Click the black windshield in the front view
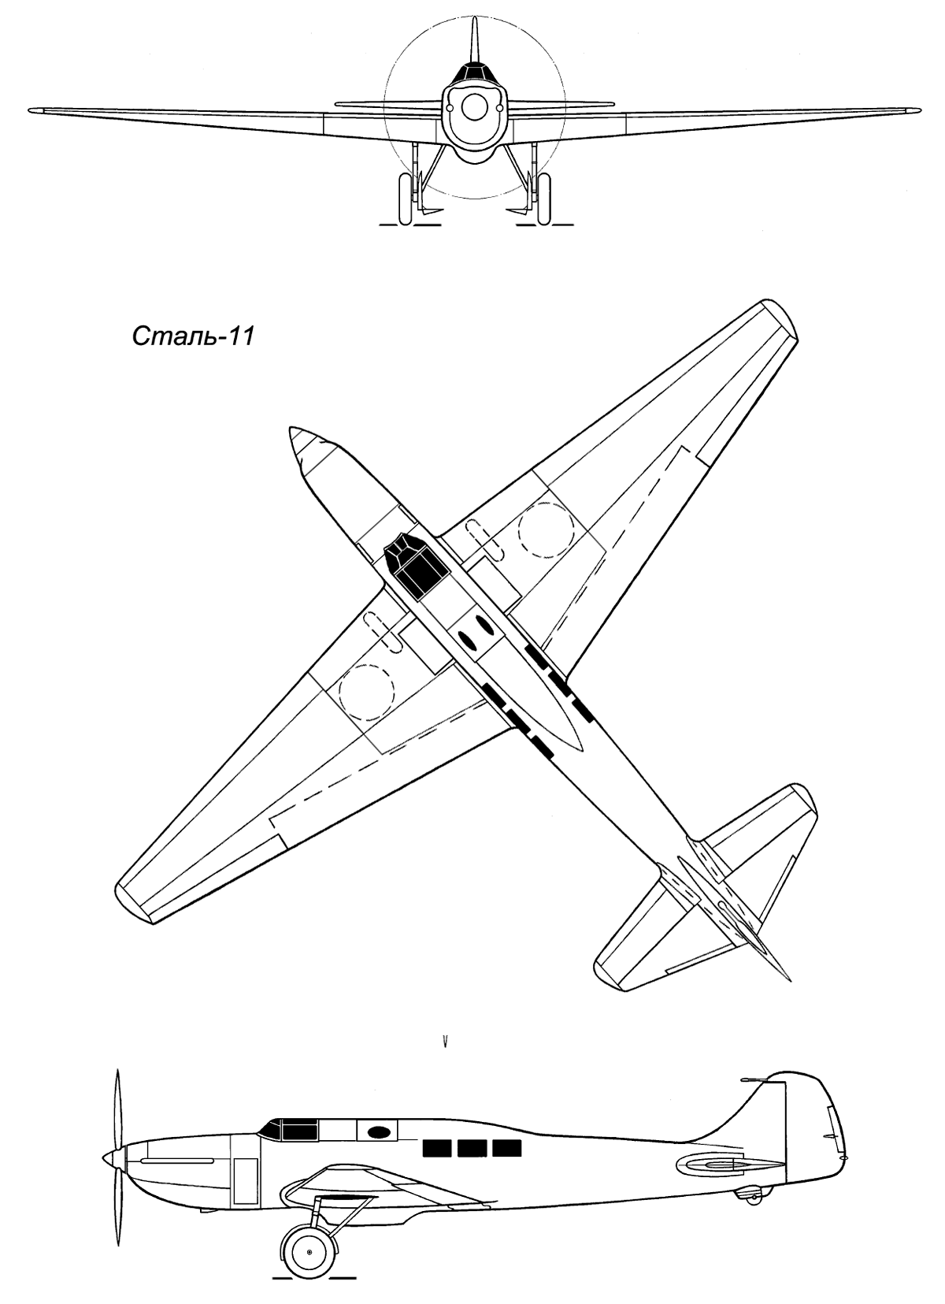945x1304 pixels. click(x=473, y=72)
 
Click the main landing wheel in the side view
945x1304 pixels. click(x=309, y=1251)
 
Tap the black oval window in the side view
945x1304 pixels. click(x=379, y=1132)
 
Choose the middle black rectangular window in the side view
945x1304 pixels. click(x=472, y=1148)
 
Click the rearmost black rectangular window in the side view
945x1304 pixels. click(x=507, y=1148)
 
